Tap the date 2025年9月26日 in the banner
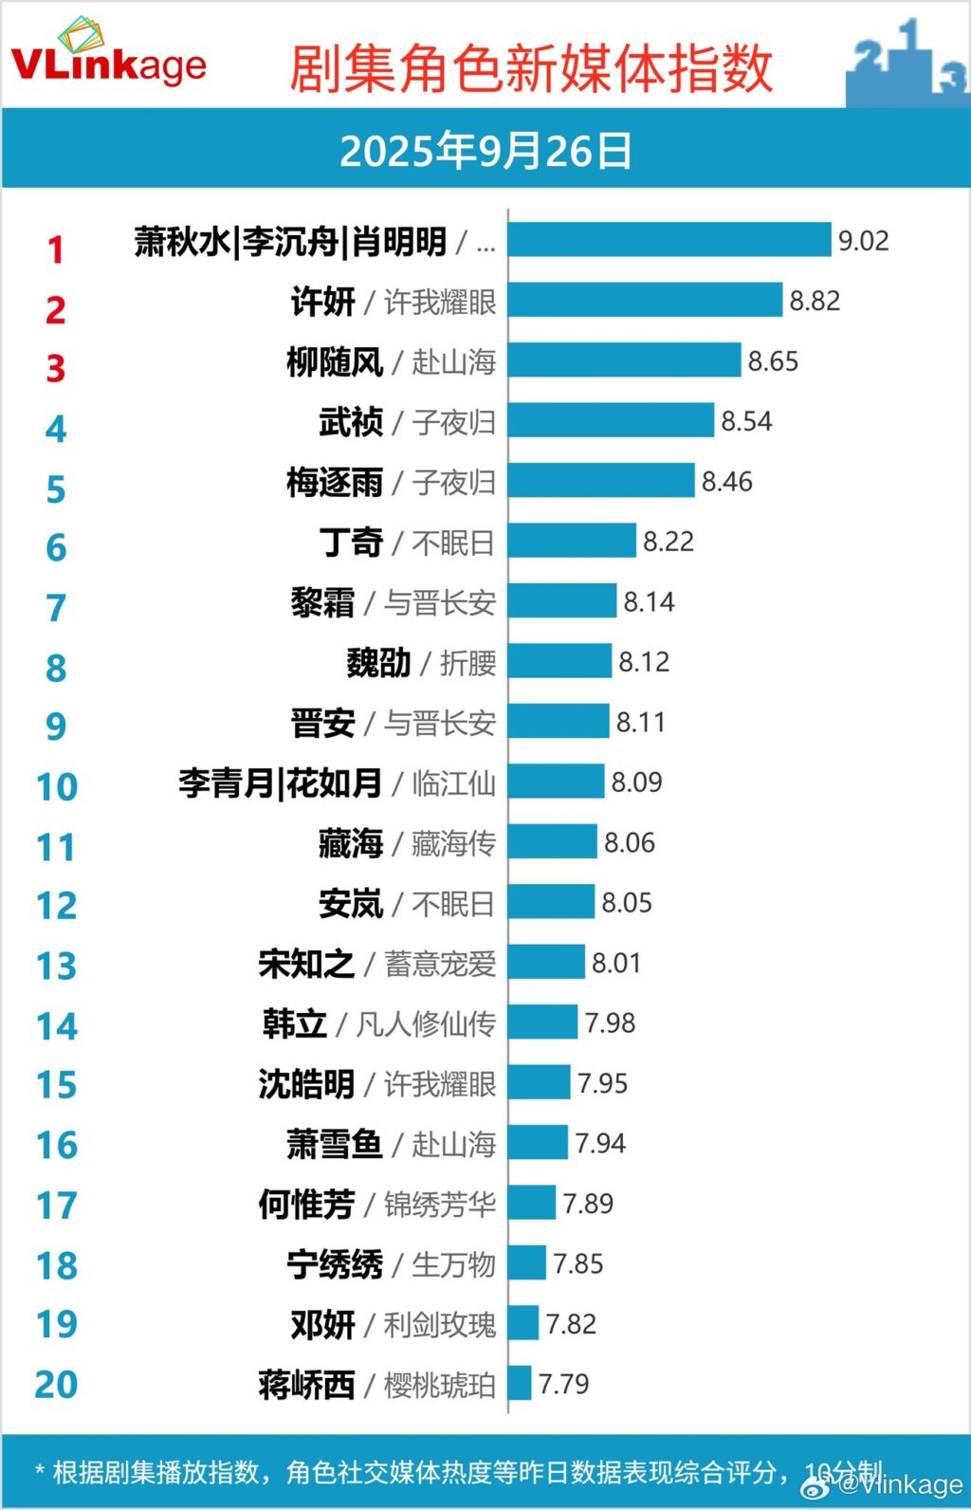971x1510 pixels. point(485,151)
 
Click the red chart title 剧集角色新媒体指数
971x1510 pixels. point(531,69)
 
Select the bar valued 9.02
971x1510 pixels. point(669,240)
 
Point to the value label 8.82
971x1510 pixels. point(815,301)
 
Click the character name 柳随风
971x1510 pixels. point(335,361)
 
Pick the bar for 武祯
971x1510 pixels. point(611,421)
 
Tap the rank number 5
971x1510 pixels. point(56,488)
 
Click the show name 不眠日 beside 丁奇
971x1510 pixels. point(453,543)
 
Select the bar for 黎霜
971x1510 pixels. point(562,601)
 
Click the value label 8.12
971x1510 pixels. point(644,661)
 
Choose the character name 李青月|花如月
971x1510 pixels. point(281,783)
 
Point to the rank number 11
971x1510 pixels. point(56,846)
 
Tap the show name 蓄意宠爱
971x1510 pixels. point(440,964)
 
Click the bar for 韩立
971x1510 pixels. point(542,1022)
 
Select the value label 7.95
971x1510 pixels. point(602,1083)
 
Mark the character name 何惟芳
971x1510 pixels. point(306,1205)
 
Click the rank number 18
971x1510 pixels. point(56,1265)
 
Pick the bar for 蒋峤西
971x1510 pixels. point(520,1383)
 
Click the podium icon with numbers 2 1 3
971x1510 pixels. point(907,64)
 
